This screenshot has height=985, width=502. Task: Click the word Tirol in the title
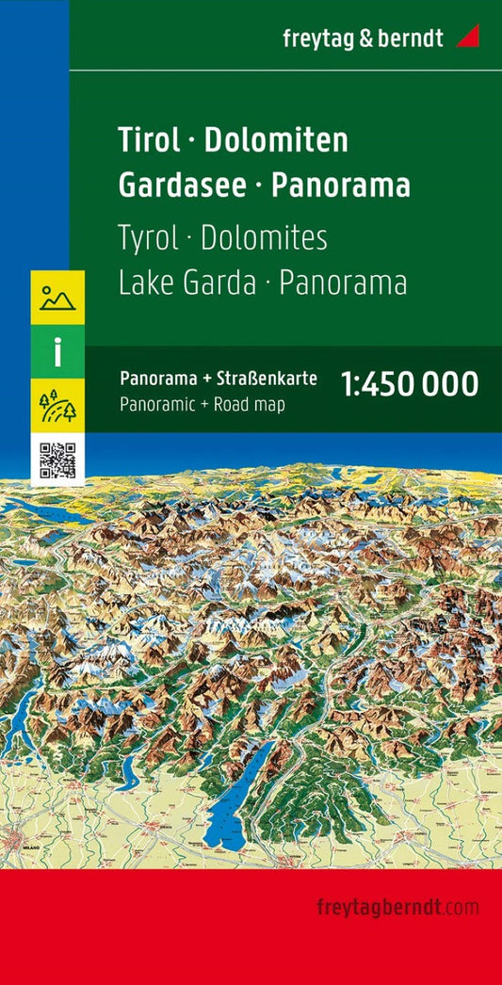pyautogui.click(x=149, y=140)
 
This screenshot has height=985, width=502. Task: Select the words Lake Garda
pyautogui.click(x=187, y=283)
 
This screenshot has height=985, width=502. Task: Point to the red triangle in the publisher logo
pyautogui.click(x=467, y=37)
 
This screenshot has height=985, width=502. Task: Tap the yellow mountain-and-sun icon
pyautogui.click(x=57, y=298)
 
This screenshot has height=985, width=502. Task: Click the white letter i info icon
pyautogui.click(x=57, y=352)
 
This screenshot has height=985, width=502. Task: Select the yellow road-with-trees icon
pyautogui.click(x=57, y=406)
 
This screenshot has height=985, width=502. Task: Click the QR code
pyautogui.click(x=57, y=459)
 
